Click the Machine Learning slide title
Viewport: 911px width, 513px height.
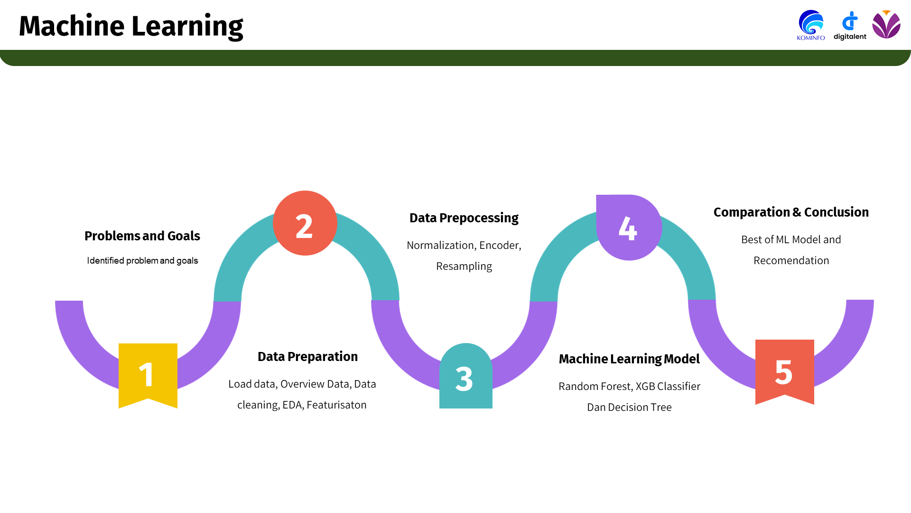coord(131,26)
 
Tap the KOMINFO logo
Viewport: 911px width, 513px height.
coord(811,25)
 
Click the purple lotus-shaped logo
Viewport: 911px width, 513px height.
coord(886,25)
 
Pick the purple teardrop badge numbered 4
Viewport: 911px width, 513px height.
coord(628,228)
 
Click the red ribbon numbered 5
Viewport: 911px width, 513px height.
coord(784,370)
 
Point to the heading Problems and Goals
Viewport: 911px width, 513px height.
coord(142,236)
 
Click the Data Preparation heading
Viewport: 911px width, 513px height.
coord(307,357)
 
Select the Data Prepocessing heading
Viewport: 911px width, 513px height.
coord(464,218)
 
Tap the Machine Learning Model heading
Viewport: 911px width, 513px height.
coord(629,359)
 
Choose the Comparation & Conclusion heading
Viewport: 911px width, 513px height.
coord(791,212)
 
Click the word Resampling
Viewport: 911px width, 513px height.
coord(464,266)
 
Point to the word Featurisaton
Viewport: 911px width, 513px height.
coord(336,405)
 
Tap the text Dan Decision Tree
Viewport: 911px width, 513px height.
coord(629,408)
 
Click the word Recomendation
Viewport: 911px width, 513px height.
coord(791,261)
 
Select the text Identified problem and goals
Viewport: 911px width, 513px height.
coord(142,261)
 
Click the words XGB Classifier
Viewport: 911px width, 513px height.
coord(668,387)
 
